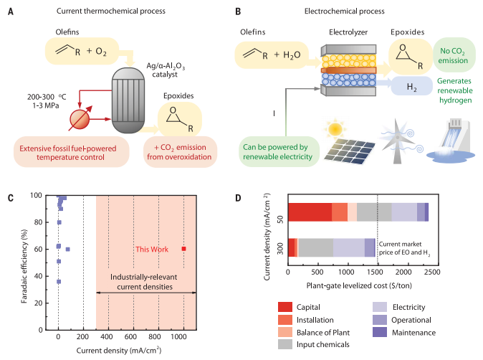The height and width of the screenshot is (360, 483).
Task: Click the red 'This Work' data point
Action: pos(184,249)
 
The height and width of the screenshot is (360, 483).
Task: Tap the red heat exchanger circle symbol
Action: pos(80,119)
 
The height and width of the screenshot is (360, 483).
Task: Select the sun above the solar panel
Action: pos(335,129)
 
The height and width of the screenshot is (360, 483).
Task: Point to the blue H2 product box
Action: pos(412,86)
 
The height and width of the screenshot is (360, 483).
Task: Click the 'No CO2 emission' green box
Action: pos(454,55)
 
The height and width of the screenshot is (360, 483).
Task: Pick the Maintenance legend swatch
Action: pos(380,332)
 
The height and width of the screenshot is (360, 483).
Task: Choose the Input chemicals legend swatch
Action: pos(285,344)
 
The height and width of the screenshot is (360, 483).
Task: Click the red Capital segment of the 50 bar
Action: pos(310,212)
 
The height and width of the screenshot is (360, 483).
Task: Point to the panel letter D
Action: pos(238,198)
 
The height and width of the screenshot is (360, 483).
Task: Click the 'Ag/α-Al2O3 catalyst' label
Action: pos(166,70)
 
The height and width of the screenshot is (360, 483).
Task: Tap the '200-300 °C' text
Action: pos(47,97)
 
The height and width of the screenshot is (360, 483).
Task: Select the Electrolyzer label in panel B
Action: pos(348,32)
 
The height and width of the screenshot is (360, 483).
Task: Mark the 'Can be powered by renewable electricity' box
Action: pos(279,151)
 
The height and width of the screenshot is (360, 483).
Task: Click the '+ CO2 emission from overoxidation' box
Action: pos(180,152)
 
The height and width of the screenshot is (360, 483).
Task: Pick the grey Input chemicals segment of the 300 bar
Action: pos(316,247)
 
